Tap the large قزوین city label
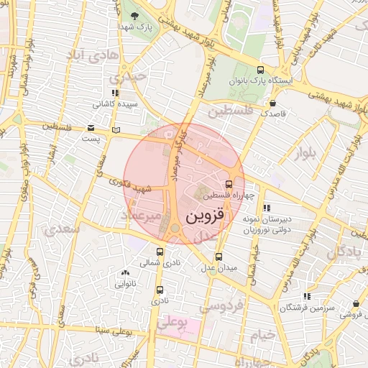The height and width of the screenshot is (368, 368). tap(205, 214)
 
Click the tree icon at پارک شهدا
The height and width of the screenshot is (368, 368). tap(134, 14)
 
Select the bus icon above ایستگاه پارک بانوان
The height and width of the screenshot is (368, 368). tap(259, 71)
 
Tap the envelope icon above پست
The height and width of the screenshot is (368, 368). tap(90, 127)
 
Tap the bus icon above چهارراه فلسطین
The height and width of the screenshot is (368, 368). tap(229, 184)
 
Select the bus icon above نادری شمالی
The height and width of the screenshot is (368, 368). tap(160, 252)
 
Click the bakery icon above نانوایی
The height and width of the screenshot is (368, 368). tap(126, 272)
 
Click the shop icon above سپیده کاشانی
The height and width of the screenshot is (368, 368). tap(114, 93)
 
